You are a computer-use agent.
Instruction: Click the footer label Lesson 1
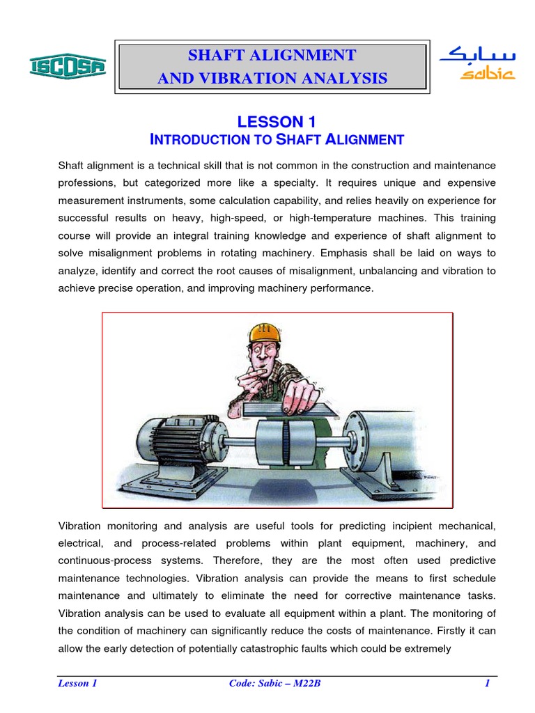[x=77, y=683]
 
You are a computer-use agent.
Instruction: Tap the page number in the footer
[x=488, y=683]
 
